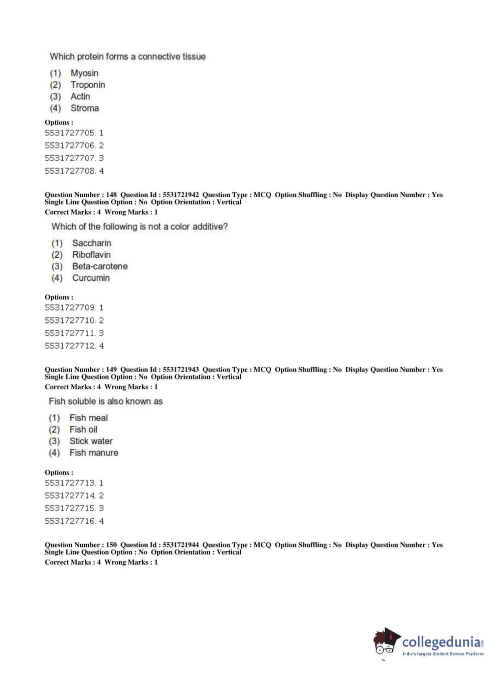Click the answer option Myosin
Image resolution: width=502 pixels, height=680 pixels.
click(84, 73)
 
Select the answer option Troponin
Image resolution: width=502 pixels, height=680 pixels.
click(88, 85)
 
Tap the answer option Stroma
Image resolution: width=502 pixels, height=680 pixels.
click(84, 108)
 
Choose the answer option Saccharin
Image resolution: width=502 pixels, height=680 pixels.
click(92, 243)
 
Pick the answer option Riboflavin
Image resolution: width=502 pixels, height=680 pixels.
click(91, 255)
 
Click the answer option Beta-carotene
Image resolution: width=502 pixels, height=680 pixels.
click(100, 266)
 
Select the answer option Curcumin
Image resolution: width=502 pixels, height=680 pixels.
click(91, 278)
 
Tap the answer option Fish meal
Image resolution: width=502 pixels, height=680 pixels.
click(88, 418)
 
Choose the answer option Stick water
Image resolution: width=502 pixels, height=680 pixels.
click(91, 441)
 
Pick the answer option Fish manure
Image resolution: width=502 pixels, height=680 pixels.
click(94, 453)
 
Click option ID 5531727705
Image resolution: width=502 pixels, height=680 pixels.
click(70, 133)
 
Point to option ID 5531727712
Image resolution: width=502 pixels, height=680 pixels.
click(70, 346)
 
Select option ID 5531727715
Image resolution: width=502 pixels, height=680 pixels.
click(70, 508)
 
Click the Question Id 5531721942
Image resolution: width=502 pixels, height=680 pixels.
click(181, 195)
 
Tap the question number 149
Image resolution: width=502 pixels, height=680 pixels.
click(111, 370)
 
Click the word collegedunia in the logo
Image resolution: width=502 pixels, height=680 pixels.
click(441, 642)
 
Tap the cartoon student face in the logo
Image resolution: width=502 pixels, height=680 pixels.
click(385, 642)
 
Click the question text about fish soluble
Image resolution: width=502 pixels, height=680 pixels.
click(106, 401)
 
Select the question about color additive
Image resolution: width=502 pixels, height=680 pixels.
click(139, 227)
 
